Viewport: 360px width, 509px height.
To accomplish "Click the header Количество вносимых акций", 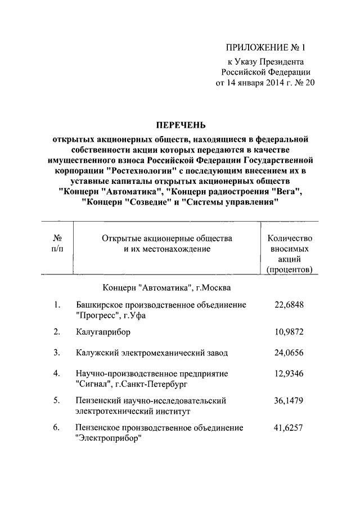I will point(290,254).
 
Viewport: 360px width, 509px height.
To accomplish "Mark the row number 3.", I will point(57,353).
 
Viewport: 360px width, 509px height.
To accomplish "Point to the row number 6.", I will point(57,427).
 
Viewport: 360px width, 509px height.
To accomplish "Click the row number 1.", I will point(57,305).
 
